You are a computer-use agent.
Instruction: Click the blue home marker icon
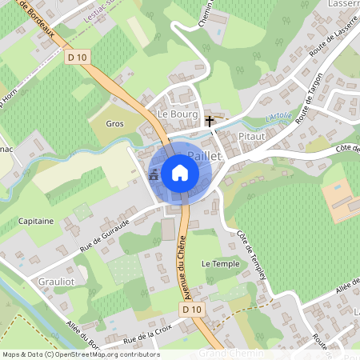[x=180, y=173]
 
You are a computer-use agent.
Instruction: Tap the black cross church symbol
[x=210, y=122]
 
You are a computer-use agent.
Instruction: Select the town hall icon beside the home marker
[x=153, y=174]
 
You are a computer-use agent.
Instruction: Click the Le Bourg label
[x=177, y=114]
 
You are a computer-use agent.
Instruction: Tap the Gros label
[x=115, y=124]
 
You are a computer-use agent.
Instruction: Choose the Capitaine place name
[x=35, y=221]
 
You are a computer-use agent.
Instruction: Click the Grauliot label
[x=56, y=282]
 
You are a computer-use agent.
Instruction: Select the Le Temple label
[x=220, y=263]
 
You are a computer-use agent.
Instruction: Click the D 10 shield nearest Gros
[x=77, y=58]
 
